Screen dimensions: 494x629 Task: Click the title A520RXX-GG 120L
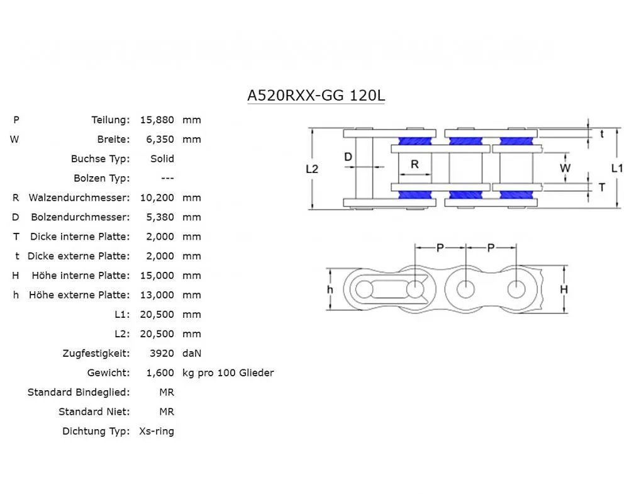(x=316, y=96)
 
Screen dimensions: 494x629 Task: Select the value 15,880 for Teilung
(x=156, y=120)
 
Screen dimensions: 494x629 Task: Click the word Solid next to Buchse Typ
(x=162, y=159)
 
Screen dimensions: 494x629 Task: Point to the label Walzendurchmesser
(x=79, y=198)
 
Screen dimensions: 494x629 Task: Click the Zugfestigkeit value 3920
(x=162, y=353)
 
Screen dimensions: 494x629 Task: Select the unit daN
(x=192, y=353)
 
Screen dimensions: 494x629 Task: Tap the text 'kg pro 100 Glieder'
(x=228, y=373)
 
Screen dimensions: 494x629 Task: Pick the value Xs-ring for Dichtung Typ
(x=157, y=431)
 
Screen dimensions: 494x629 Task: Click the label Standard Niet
(x=94, y=412)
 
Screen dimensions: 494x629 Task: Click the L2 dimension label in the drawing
(x=312, y=169)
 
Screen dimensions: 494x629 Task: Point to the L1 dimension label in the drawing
(x=616, y=168)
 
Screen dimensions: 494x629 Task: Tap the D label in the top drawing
(x=348, y=157)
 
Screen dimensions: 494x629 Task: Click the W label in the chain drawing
(x=565, y=168)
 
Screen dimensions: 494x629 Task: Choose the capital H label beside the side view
(x=564, y=289)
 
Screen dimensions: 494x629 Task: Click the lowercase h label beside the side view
(x=330, y=289)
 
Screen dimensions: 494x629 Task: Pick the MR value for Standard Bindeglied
(x=167, y=392)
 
